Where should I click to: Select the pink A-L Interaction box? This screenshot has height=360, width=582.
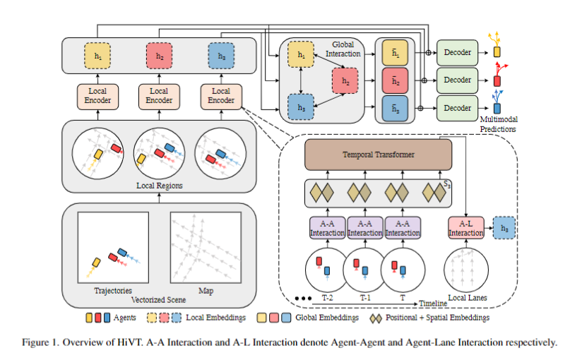click(465, 228)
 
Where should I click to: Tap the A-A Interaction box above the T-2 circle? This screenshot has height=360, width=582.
click(327, 228)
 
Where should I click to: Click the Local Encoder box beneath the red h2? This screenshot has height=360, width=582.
click(159, 96)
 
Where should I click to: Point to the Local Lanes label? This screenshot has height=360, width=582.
click(467, 298)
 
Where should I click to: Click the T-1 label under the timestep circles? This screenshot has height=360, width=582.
click(364, 298)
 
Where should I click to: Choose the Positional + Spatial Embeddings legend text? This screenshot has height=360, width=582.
click(437, 318)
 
